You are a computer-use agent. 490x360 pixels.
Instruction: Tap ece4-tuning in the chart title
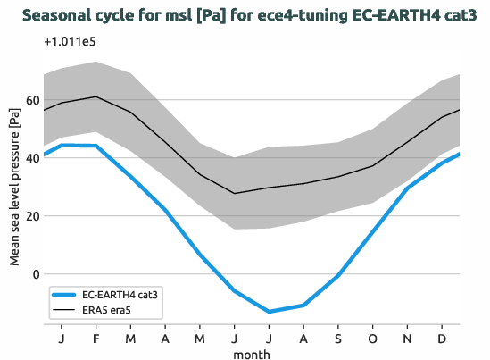tap(254, 15)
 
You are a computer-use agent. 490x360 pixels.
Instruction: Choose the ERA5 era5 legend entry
tap(109, 310)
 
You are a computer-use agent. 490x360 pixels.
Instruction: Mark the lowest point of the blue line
tap(269, 312)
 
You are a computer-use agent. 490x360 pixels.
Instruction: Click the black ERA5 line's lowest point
tap(235, 193)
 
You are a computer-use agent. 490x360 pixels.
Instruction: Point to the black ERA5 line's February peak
tap(96, 96)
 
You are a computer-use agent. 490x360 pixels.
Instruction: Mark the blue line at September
tap(338, 275)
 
